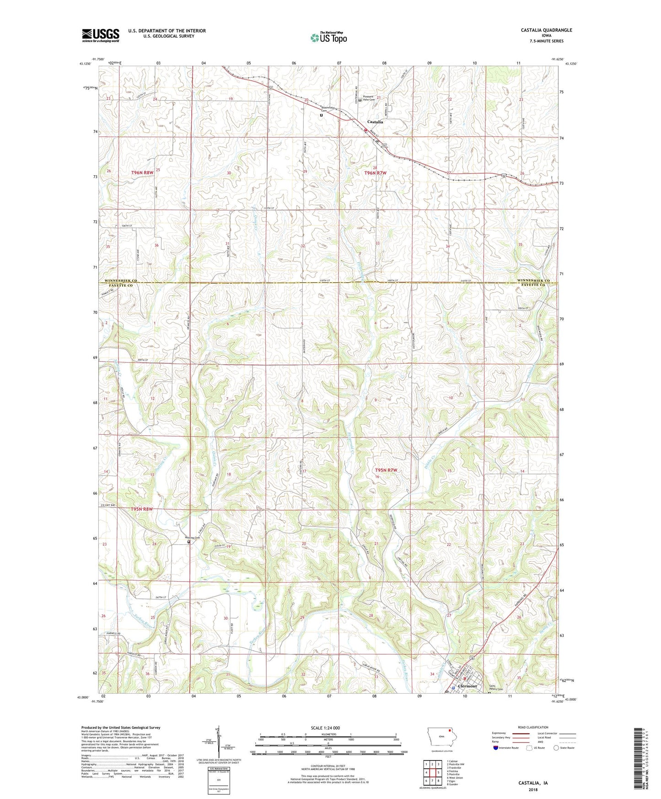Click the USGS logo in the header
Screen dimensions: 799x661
point(101,35)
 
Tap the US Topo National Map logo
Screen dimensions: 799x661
point(328,38)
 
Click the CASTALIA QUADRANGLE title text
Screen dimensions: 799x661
point(546,30)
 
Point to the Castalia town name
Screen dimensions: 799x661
point(375,122)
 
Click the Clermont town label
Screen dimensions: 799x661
point(467,686)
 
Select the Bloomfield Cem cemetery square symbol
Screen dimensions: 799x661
point(321,115)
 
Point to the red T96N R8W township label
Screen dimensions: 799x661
point(142,173)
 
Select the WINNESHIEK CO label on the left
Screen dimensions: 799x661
point(121,281)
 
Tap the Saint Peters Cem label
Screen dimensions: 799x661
point(496,688)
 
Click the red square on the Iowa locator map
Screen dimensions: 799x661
point(449,731)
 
